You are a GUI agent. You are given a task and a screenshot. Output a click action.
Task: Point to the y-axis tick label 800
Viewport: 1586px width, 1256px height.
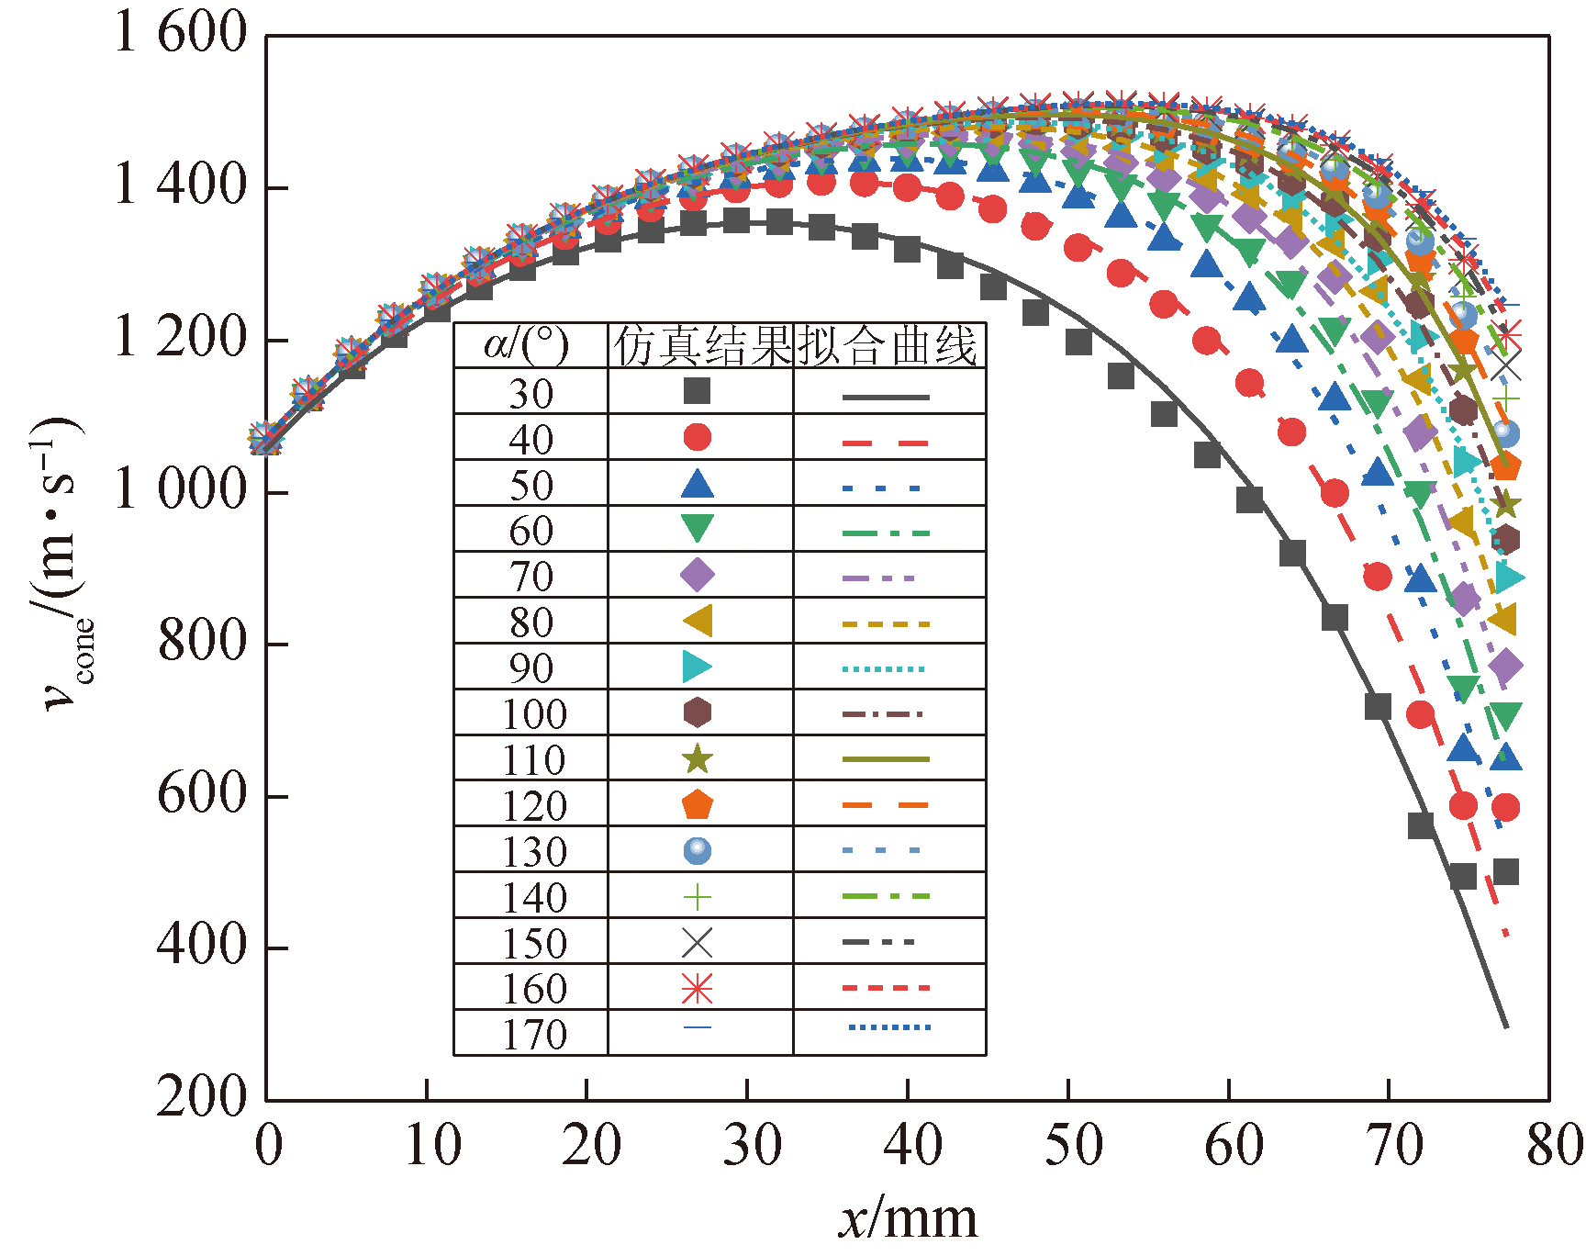(x=202, y=641)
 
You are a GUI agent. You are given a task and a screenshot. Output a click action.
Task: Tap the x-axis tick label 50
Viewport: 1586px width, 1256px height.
(x=1072, y=1146)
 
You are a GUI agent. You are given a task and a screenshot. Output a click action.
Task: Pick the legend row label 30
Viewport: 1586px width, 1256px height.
(x=531, y=394)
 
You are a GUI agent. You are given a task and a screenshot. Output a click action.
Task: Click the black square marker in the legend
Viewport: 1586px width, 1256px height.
(x=698, y=391)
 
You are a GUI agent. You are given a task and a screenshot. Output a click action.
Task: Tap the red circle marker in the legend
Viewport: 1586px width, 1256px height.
(x=698, y=438)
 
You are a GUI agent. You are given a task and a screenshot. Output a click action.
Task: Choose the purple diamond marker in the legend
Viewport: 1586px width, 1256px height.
(x=698, y=576)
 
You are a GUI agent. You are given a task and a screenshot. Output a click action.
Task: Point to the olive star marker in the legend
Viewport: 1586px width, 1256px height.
(x=698, y=759)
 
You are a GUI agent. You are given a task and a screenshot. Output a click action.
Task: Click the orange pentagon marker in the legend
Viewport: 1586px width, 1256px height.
(x=698, y=805)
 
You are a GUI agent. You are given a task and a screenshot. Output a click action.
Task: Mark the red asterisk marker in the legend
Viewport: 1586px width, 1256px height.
(x=698, y=989)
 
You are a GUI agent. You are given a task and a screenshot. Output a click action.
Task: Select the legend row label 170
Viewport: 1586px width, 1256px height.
(x=535, y=1035)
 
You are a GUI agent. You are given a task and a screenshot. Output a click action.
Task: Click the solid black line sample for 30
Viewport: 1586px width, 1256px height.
(x=886, y=398)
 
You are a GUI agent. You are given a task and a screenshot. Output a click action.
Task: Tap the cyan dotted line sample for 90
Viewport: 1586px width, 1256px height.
(x=886, y=669)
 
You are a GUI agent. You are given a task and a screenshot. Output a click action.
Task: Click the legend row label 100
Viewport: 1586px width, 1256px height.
(x=535, y=714)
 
